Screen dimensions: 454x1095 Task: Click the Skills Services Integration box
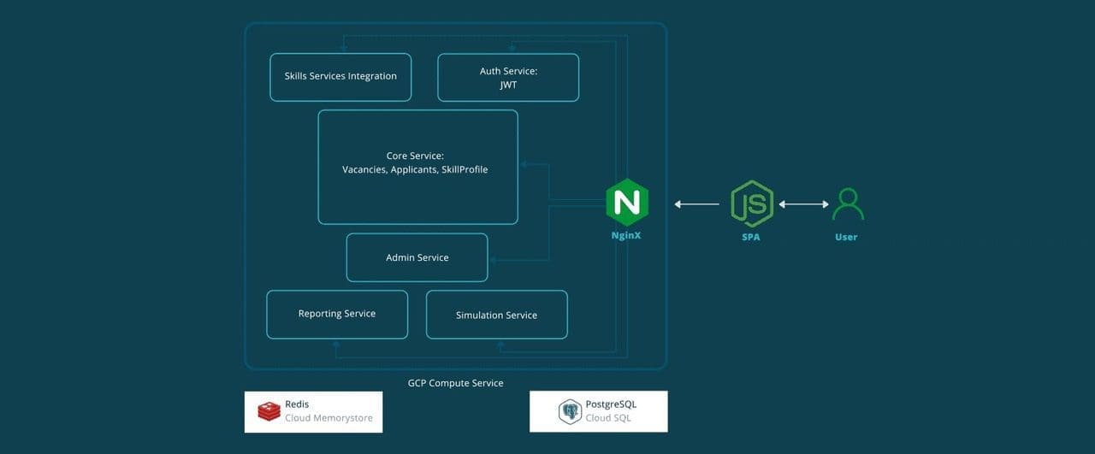tap(340, 77)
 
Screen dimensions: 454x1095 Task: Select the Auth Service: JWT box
tap(508, 78)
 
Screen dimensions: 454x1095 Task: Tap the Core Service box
tap(417, 167)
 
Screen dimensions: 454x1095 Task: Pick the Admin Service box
tap(417, 257)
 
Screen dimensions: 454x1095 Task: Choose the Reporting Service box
tap(337, 314)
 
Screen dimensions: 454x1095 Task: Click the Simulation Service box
tap(496, 315)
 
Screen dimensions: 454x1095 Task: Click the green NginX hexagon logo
tap(627, 203)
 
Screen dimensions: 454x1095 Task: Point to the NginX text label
tap(627, 234)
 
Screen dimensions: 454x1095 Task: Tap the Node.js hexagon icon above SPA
tap(751, 203)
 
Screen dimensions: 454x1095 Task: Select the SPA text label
tap(751, 237)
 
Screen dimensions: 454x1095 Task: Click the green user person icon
tap(847, 204)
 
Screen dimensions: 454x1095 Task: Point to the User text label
tap(846, 237)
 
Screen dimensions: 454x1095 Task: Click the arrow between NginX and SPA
tap(696, 204)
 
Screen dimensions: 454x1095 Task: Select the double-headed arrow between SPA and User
tap(803, 204)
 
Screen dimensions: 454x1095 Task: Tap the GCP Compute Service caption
tap(455, 383)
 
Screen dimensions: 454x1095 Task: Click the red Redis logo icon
tap(269, 411)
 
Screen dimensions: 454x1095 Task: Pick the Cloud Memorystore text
tap(328, 418)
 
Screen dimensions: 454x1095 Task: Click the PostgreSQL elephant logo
tap(571, 411)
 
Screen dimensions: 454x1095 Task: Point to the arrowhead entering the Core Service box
tap(523, 164)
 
